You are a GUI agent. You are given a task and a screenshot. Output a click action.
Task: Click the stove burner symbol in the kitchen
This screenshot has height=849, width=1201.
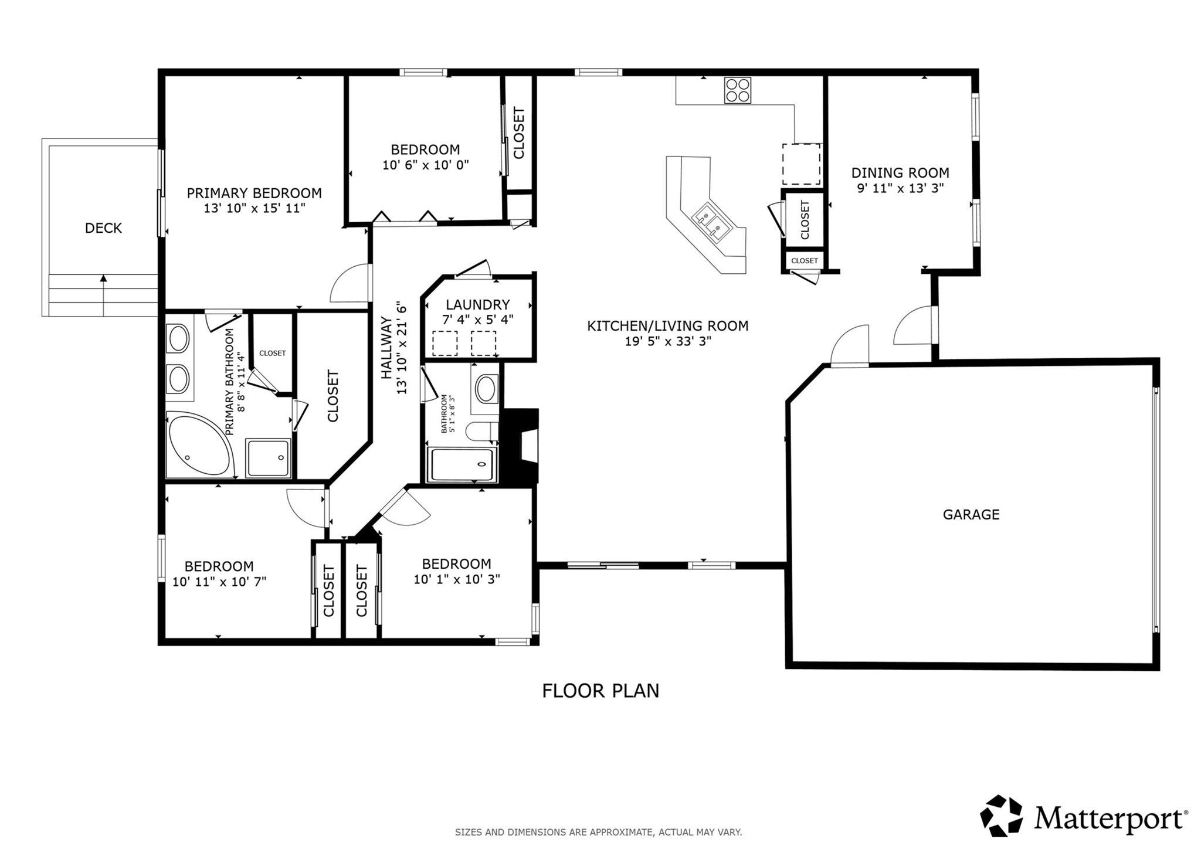(x=738, y=91)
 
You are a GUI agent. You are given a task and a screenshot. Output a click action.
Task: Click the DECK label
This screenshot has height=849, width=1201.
(x=103, y=228)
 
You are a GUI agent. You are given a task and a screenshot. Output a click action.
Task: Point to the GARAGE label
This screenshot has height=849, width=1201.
(x=971, y=514)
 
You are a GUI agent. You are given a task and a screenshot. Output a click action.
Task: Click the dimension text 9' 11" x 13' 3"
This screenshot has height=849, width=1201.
(x=900, y=188)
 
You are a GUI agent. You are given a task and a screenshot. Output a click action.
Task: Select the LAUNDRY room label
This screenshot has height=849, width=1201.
(x=477, y=304)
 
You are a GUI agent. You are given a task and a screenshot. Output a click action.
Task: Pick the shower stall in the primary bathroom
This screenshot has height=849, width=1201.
(x=268, y=457)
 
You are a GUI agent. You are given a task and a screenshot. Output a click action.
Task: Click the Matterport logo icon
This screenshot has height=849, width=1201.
(x=1001, y=816)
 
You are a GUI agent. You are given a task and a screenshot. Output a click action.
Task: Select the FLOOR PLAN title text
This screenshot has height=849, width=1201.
(x=600, y=691)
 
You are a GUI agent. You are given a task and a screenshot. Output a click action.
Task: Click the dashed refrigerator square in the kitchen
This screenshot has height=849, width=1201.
(x=801, y=164)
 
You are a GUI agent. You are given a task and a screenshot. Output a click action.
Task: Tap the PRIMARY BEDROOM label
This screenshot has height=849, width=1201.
(x=254, y=193)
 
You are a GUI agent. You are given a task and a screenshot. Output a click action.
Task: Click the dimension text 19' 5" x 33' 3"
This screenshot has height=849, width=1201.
(x=667, y=341)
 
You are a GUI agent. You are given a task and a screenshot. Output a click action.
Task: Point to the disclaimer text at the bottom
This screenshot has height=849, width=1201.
(x=598, y=832)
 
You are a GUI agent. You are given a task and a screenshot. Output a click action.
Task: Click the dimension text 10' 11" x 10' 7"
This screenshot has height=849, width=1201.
(x=219, y=582)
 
